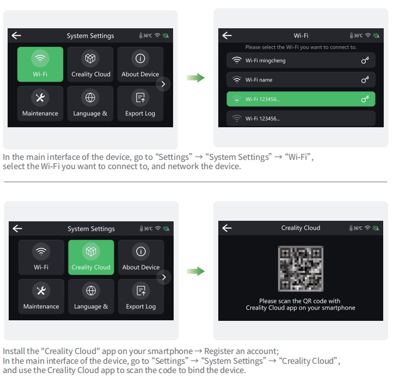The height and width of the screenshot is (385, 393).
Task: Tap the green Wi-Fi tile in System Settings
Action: tap(40, 64)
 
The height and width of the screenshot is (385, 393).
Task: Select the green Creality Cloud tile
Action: tap(91, 257)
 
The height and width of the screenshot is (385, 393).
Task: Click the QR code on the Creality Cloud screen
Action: tap(300, 269)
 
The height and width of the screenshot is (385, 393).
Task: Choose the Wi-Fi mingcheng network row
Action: tap(301, 60)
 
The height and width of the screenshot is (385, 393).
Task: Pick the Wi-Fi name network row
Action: tap(301, 79)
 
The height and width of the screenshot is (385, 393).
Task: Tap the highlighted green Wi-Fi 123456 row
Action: tap(301, 99)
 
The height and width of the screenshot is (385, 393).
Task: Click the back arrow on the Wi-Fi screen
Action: tap(227, 35)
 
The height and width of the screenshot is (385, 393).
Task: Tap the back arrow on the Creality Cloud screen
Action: tap(227, 228)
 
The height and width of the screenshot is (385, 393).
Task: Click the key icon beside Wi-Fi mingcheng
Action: tap(365, 60)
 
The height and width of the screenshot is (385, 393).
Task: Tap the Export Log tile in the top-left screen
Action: tap(140, 103)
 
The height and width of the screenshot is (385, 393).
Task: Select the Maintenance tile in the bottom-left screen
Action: tap(41, 297)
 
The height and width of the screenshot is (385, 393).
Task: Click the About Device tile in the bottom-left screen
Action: tap(141, 257)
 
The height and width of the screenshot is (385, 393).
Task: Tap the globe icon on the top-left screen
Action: tap(90, 98)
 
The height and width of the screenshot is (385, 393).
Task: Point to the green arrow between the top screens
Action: tap(195, 78)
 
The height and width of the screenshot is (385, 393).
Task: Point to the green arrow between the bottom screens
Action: tap(195, 271)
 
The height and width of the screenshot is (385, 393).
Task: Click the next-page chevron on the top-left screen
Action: tap(163, 84)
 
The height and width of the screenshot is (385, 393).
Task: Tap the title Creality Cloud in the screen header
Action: tap(300, 228)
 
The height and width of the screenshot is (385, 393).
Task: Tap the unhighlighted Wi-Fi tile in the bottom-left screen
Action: tap(41, 257)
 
